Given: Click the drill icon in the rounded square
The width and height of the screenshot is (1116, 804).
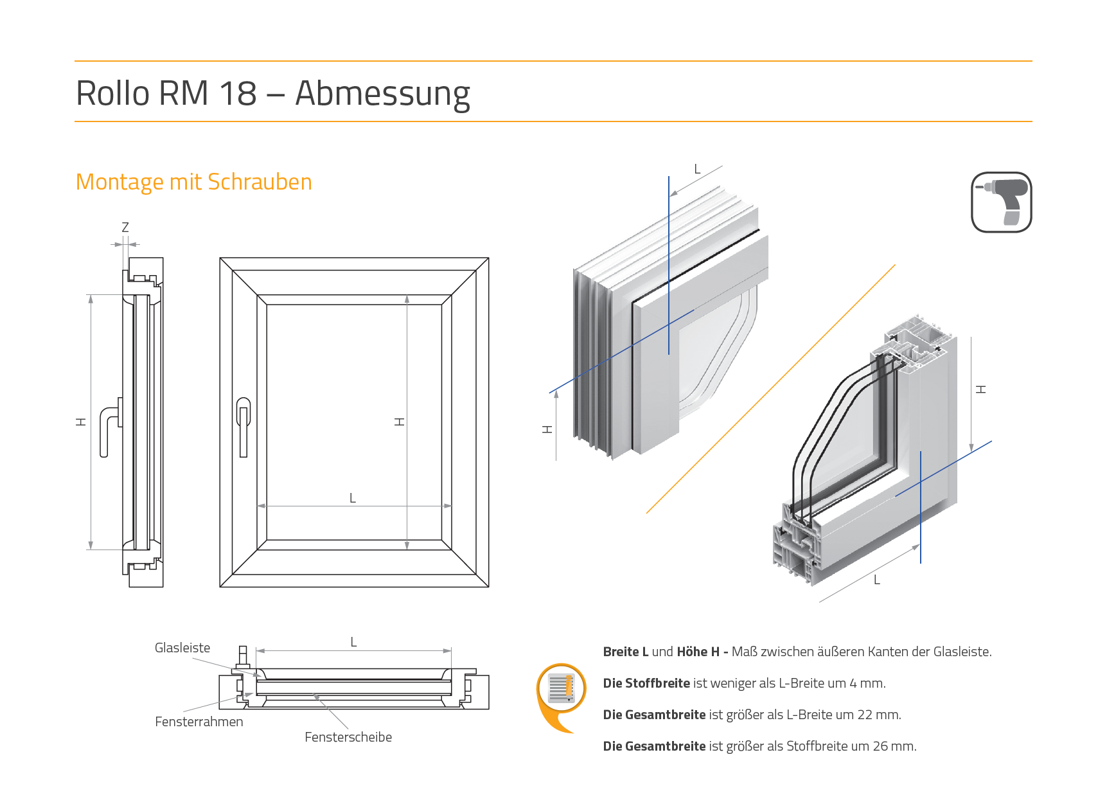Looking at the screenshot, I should tap(1001, 202).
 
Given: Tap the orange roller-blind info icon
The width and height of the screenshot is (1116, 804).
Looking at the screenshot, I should tap(561, 693).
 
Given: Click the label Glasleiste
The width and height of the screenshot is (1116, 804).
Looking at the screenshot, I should tap(182, 648).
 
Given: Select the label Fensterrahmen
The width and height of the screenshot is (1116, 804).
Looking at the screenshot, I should tap(199, 722).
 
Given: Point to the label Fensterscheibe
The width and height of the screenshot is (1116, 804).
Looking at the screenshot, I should tap(348, 737).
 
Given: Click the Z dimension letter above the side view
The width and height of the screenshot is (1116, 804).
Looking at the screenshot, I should tap(125, 228).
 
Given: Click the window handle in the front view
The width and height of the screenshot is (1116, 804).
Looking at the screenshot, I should tap(243, 426).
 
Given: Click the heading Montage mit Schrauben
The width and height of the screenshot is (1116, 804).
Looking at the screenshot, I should tap(193, 182).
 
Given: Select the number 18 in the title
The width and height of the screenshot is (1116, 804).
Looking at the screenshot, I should tap(238, 93).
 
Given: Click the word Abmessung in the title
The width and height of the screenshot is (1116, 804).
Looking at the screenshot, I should tap(382, 93).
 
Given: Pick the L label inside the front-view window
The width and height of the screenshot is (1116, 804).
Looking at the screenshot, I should tap(353, 498).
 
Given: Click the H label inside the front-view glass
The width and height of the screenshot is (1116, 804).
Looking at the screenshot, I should tap(400, 422).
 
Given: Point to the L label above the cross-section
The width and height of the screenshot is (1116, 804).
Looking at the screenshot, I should tap(353, 642).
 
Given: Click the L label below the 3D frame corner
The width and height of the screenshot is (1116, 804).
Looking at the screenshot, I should tap(877, 580).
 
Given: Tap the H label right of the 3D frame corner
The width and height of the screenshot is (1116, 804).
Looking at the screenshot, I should tap(981, 389).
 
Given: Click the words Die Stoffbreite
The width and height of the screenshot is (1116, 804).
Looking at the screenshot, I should tap(646, 683).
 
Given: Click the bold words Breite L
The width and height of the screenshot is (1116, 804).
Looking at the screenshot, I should tap(626, 652).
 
